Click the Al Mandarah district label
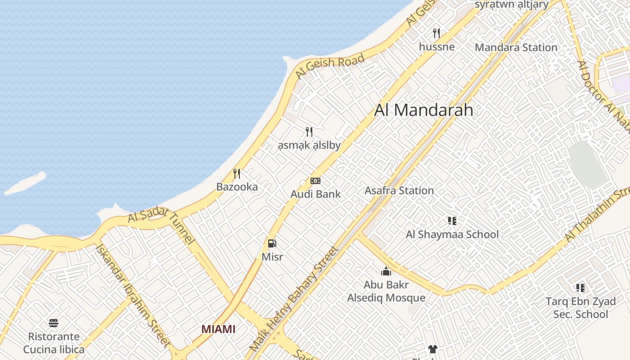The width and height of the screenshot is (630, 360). coord(423,110)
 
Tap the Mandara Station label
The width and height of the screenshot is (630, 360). coord(516,47)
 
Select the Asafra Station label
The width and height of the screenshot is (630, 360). coord(399,190)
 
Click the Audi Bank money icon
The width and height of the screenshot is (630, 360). coord(315,181)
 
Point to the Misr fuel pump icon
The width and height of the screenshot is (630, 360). coord(272,243)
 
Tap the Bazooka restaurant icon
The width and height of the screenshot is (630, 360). coord(237,173)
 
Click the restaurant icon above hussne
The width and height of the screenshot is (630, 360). coord(436,33)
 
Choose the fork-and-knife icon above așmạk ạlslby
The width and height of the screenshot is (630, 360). coord(309,131)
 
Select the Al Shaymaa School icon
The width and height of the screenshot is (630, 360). coord(452,220)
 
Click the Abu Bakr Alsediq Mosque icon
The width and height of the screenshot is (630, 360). coord(386,271)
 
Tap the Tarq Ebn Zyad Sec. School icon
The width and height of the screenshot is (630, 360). coord(580,288)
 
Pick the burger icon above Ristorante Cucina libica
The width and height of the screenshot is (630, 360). coord(54,323)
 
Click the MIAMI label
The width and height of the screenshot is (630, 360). coord(218,329)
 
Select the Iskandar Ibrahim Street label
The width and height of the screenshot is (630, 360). coord(133,295)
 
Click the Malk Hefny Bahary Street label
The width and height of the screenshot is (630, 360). coord(293,299)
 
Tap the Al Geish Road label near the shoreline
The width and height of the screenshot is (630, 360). coord(329,67)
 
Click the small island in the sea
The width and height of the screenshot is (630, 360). coord(26,183)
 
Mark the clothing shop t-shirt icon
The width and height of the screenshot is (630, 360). coord(432,349)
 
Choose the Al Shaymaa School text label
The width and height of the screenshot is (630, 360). coord(452,234)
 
